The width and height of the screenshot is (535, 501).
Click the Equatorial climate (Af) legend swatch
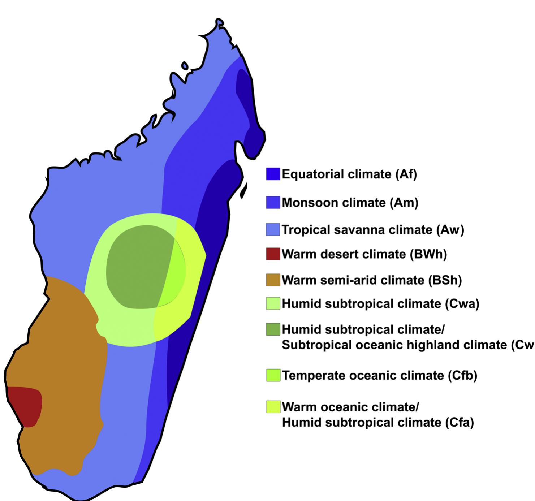tap(273, 174)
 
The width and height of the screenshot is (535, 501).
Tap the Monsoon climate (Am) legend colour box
tap(273, 202)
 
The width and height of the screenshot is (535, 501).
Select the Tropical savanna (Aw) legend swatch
tap(273, 229)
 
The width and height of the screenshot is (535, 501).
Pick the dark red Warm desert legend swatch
tap(273, 254)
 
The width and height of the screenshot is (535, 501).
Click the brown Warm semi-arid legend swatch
tap(273, 280)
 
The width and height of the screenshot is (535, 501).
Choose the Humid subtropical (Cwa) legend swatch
tap(273, 303)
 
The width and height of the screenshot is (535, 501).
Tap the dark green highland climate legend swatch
tap(273, 329)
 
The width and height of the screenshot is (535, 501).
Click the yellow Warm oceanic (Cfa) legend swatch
tap(273, 407)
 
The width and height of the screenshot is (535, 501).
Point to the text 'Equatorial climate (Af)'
tap(349, 174)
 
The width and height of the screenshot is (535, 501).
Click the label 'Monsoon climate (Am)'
tap(350, 203)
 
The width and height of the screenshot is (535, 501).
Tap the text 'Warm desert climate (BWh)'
tap(364, 254)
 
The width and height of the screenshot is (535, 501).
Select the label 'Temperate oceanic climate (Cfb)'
tap(379, 376)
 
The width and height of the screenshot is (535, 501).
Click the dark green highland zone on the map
tap(139, 267)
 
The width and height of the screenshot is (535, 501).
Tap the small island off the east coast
tap(244, 191)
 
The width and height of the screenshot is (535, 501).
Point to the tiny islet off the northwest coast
tap(185, 66)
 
